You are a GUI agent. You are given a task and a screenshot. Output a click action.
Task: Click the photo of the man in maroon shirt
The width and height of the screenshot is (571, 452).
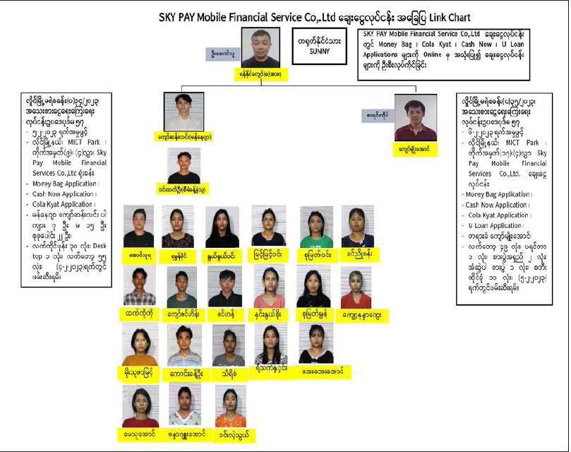coord(415,117)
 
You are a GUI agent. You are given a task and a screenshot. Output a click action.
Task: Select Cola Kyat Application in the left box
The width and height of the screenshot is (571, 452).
coord(61,204)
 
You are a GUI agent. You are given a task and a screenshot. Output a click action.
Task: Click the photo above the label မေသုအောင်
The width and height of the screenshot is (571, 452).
coord(139,406)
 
